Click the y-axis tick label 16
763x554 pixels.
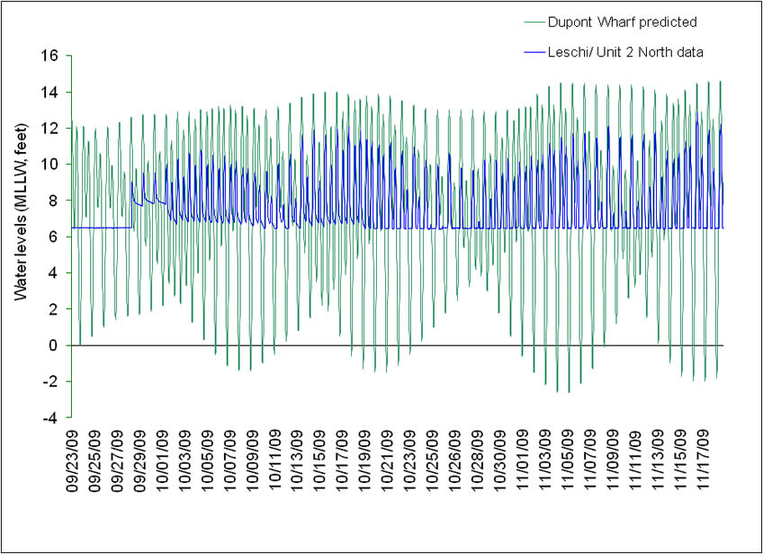point(49,56)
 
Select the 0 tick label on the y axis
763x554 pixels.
point(53,345)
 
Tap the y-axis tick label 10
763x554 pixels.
point(49,165)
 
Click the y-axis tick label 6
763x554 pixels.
point(53,237)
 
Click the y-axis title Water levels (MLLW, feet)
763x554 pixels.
point(20,237)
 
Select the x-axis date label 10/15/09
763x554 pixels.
point(320,464)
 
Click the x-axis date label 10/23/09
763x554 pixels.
point(410,464)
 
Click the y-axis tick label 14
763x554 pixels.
point(49,92)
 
